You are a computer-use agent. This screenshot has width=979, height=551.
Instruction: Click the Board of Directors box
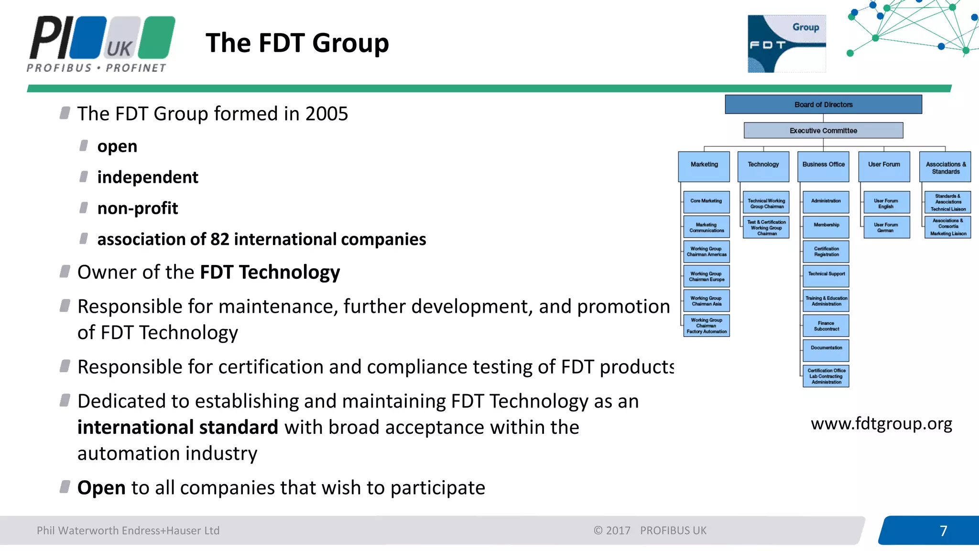tap(823, 104)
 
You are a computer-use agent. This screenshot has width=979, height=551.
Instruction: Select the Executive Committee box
tap(823, 131)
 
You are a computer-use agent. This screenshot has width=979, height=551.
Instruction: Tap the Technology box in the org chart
tap(763, 166)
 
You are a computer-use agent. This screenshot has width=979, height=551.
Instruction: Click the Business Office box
tap(823, 166)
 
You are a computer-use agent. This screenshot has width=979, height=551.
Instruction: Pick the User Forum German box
tap(886, 228)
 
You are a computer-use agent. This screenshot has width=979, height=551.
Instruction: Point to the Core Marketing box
tap(707, 201)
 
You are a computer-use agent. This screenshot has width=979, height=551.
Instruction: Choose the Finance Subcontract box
tap(826, 326)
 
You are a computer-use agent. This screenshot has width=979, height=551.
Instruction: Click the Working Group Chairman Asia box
tap(707, 301)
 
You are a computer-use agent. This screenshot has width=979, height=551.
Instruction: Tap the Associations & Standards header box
tap(945, 167)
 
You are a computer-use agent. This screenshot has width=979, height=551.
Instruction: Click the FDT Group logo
tap(786, 44)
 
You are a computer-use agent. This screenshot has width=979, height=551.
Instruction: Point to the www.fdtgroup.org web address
tap(881, 424)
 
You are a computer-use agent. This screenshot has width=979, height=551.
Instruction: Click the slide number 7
tap(943, 531)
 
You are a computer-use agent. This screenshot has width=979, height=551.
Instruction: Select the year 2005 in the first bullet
tap(326, 114)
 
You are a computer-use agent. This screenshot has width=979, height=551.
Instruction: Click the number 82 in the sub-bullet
tap(220, 239)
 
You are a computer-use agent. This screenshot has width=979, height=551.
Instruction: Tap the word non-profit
tap(138, 209)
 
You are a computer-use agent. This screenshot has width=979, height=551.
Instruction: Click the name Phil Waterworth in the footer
tap(77, 530)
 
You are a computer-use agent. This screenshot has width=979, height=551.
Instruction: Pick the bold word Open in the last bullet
tap(101, 488)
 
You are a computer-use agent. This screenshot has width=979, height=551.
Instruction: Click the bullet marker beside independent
tap(84, 177)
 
